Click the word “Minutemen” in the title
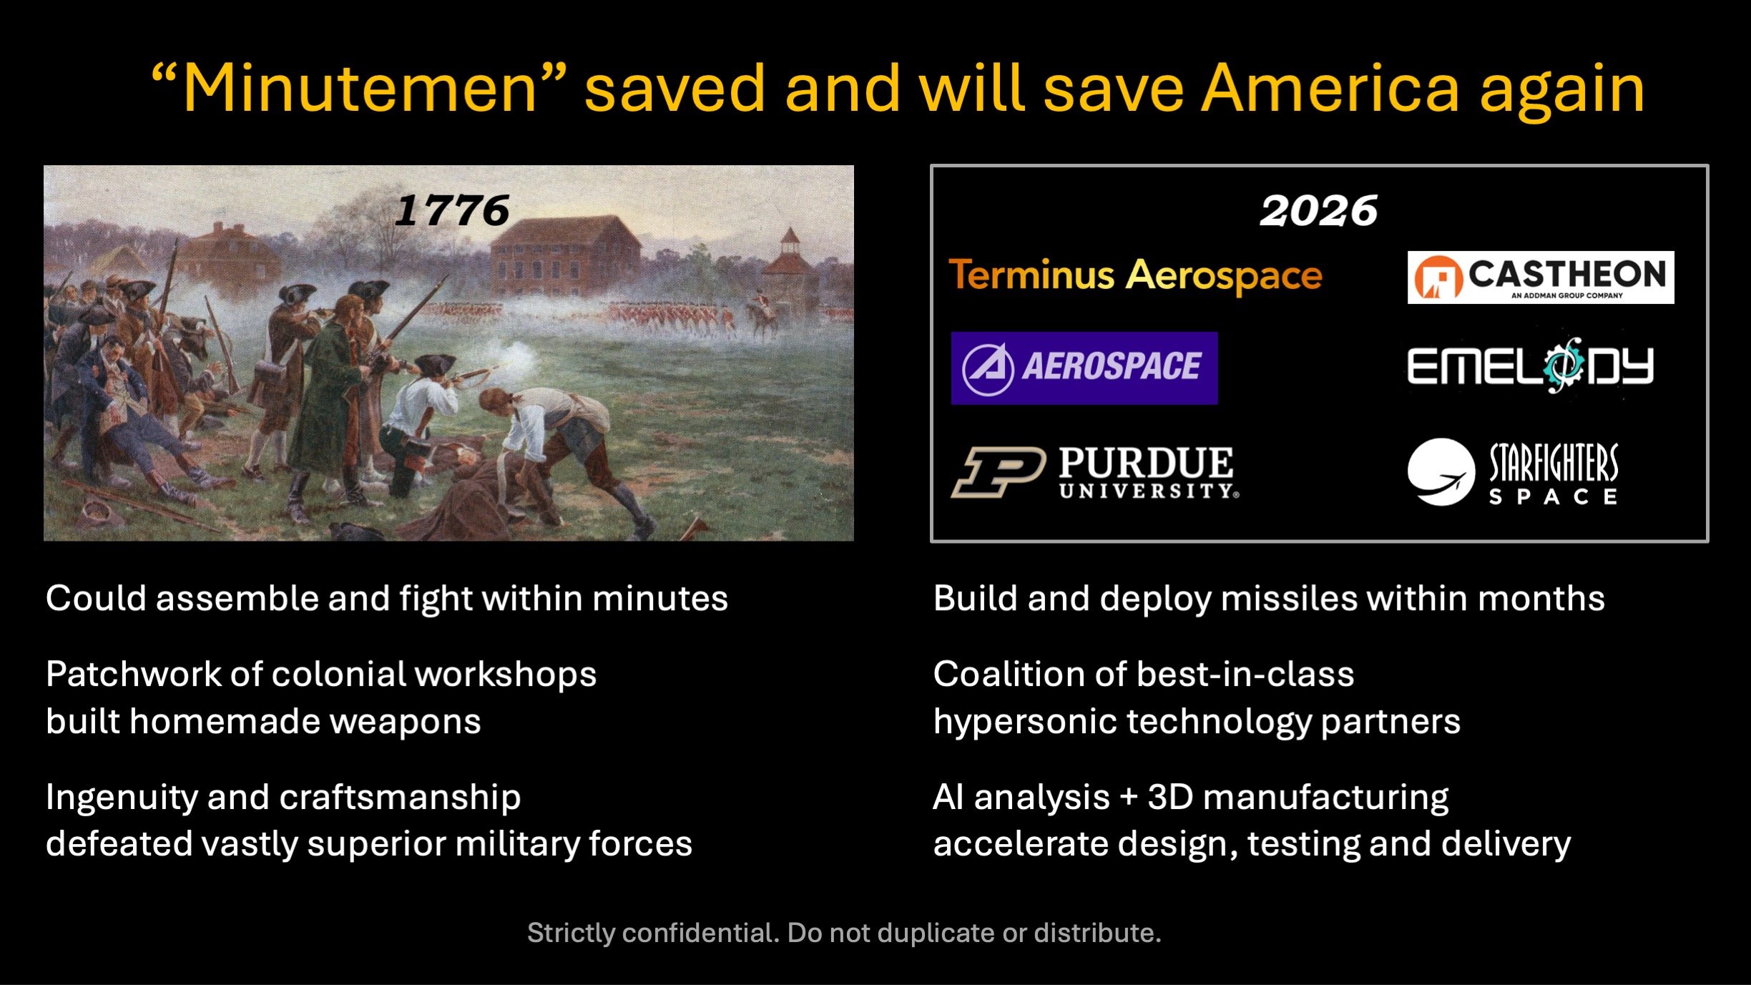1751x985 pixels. click(x=360, y=89)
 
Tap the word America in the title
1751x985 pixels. click(x=1330, y=89)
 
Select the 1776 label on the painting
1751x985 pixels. click(x=452, y=210)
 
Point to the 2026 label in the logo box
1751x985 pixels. click(x=1318, y=210)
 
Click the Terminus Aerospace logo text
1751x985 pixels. click(x=1135, y=275)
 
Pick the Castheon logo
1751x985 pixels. click(x=1540, y=277)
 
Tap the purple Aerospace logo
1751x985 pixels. click(x=1084, y=368)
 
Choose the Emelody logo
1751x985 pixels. click(x=1530, y=366)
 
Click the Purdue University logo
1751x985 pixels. click(x=1095, y=472)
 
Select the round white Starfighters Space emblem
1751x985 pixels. click(x=1441, y=472)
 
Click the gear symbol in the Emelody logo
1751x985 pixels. click(x=1563, y=366)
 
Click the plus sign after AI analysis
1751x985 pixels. click(x=1128, y=798)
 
